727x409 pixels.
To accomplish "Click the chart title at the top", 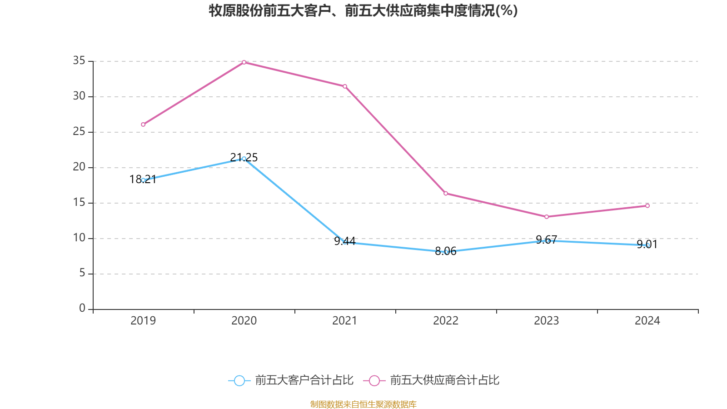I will click(x=363, y=10).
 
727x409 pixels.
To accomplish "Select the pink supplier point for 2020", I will click(x=244, y=62).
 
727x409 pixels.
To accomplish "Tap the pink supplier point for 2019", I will click(x=143, y=125).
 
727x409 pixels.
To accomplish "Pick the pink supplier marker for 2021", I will click(x=345, y=86).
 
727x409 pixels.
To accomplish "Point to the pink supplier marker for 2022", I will click(x=446, y=194).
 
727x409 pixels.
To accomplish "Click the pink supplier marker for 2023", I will click(x=547, y=217).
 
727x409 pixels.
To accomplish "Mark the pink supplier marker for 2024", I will click(x=647, y=206).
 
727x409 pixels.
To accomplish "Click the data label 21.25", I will click(x=244, y=157).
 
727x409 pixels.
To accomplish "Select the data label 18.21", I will click(x=143, y=179).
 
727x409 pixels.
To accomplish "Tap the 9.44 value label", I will click(x=345, y=241).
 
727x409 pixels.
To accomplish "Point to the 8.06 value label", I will click(x=446, y=251).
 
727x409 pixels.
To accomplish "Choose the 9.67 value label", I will click(x=547, y=239).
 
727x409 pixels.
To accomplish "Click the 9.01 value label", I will click(x=647, y=244).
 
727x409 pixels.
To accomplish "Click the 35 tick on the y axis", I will click(x=79, y=61).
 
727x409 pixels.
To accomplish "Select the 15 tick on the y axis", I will click(x=79, y=203).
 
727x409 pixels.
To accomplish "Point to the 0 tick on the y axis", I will click(x=82, y=309).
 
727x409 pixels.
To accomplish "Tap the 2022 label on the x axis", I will click(x=446, y=321).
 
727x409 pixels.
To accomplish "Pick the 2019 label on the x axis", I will click(x=143, y=321).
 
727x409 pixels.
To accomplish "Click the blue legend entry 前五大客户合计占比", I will click(x=291, y=380).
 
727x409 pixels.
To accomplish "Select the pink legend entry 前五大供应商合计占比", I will click(x=432, y=380).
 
